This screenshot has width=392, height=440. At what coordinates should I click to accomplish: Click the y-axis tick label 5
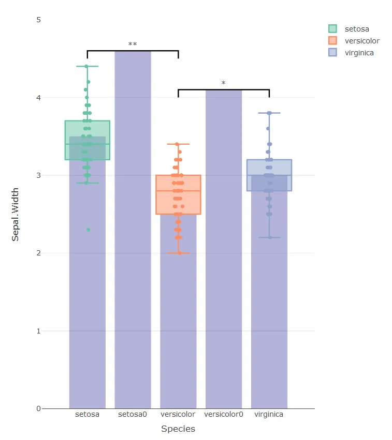pyautogui.click(x=38, y=20)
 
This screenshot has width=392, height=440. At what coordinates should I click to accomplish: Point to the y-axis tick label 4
pyautogui.click(x=38, y=98)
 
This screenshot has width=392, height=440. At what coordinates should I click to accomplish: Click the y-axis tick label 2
pyautogui.click(x=38, y=253)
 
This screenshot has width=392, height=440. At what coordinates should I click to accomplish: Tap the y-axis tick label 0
pyautogui.click(x=38, y=409)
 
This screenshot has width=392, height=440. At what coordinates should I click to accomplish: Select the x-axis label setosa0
pyautogui.click(x=133, y=415)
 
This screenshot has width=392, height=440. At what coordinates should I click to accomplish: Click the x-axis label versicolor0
pyautogui.click(x=224, y=415)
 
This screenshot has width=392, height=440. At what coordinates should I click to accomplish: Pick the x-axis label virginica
pyautogui.click(x=269, y=415)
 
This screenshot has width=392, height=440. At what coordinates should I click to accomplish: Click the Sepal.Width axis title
pyautogui.click(x=16, y=214)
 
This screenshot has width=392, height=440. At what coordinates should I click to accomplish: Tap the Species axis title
pyautogui.click(x=178, y=429)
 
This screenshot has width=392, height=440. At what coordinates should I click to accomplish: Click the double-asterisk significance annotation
pyautogui.click(x=133, y=44)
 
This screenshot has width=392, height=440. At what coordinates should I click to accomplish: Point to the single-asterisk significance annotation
pyautogui.click(x=224, y=84)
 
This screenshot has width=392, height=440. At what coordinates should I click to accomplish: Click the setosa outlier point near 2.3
pyautogui.click(x=88, y=230)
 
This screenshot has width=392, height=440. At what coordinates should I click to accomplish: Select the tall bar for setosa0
pyautogui.click(x=133, y=233)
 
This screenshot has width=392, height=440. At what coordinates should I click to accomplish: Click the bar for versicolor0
pyautogui.click(x=224, y=248)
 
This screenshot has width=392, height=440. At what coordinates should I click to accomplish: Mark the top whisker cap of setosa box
pyautogui.click(x=87, y=66)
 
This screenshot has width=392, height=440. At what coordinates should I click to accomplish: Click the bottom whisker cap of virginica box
pyautogui.click(x=269, y=237)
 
